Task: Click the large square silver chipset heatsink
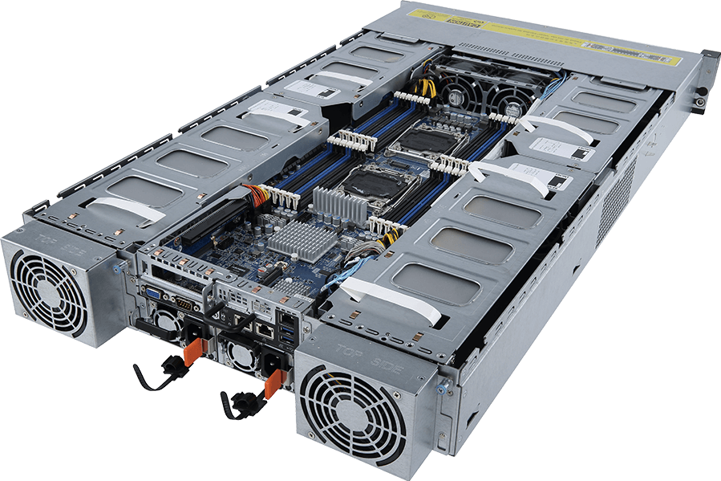click(x=289, y=238)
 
